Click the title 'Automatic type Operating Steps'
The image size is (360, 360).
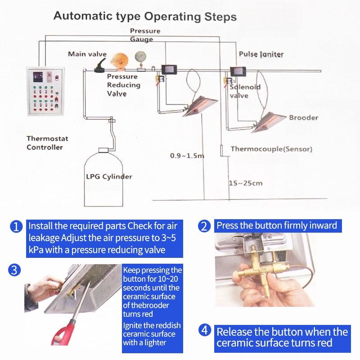coord(145,17)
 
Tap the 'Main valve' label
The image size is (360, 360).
coord(87,54)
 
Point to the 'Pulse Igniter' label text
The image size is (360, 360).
coord(261,54)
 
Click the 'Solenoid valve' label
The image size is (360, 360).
coord(245,91)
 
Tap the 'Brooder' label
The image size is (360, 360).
coord(303,117)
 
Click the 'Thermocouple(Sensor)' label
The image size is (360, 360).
coord(271,148)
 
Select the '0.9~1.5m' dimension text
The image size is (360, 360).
coord(187,156)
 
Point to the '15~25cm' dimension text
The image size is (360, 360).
coord(245,183)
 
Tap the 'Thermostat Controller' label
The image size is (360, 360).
coord(45,143)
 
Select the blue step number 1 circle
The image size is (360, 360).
coord(16,226)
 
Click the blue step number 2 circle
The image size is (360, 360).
coord(205,226)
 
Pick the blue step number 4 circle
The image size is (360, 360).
coord(205,330)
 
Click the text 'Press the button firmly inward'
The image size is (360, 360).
coord(277,225)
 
